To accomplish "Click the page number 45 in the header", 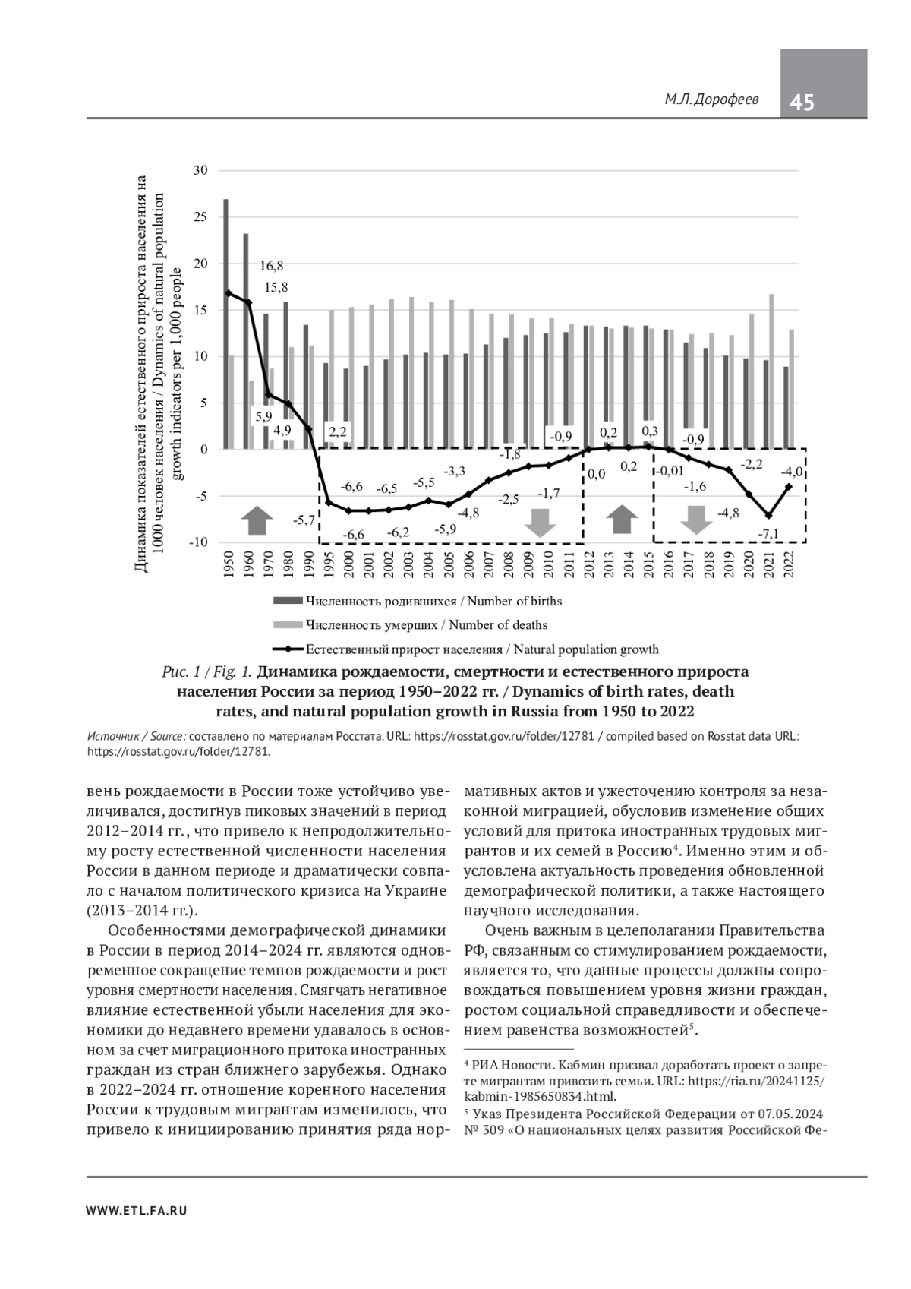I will (x=802, y=103).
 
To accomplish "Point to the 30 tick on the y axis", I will (x=200, y=170).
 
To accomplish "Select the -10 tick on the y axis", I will (x=198, y=542).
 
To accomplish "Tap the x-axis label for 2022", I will (x=790, y=566).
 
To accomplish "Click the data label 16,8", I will (x=271, y=266).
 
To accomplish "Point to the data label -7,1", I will (x=768, y=534).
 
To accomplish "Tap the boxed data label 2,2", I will (x=337, y=431).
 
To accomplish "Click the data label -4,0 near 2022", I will (x=792, y=472).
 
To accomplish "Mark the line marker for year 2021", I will (x=769, y=516).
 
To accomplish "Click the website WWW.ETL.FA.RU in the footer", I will (x=137, y=1211).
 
